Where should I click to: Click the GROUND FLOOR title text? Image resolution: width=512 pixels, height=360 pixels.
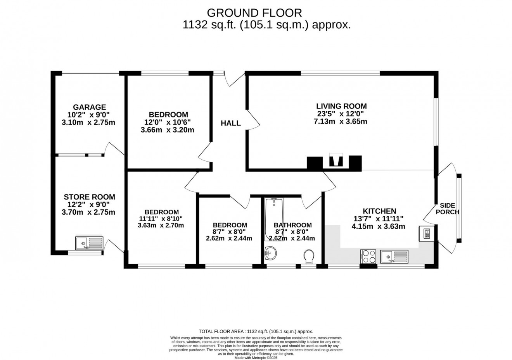click(x=254, y=13)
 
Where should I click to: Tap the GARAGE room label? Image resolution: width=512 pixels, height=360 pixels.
click(x=89, y=107)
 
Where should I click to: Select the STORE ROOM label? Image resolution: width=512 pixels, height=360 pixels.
click(x=89, y=197)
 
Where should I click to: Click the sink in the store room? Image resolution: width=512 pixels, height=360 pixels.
click(x=89, y=243)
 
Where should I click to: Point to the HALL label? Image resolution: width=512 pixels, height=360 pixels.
click(x=231, y=123)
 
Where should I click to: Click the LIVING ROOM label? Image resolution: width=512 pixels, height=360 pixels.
click(x=341, y=106)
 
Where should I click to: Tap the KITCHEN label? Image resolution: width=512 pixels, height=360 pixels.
click(x=379, y=211)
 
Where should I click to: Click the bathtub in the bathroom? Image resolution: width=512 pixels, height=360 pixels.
click(x=274, y=219)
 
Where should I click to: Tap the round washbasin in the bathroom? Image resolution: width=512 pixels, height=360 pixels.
click(x=270, y=254)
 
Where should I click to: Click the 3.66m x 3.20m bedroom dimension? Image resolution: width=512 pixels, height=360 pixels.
click(x=167, y=130)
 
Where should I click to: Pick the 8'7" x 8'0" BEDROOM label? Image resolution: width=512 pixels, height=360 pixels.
click(x=230, y=225)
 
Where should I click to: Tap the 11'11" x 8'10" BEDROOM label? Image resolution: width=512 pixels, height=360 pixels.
click(x=161, y=212)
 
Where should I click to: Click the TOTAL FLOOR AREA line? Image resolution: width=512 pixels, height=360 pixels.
click(x=256, y=331)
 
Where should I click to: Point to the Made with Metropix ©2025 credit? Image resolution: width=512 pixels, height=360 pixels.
click(x=256, y=358)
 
